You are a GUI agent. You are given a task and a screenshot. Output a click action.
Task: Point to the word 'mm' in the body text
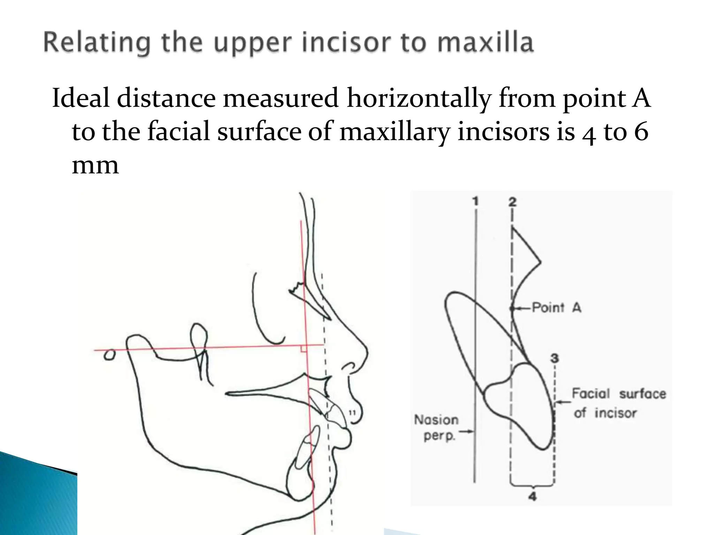(95, 165)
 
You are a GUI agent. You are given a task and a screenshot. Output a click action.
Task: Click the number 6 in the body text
(641, 132)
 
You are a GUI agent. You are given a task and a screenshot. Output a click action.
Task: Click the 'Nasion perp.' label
(436, 427)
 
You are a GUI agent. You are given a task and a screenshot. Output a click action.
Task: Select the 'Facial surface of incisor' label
(619, 403)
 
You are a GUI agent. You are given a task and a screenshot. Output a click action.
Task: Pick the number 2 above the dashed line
(512, 202)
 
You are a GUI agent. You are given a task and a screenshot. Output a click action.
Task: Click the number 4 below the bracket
(532, 497)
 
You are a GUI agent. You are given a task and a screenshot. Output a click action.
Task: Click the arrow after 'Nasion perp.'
(466, 432)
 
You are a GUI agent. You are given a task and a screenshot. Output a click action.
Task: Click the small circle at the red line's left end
(109, 355)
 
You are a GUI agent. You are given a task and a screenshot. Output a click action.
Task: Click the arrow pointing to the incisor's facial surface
(562, 402)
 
